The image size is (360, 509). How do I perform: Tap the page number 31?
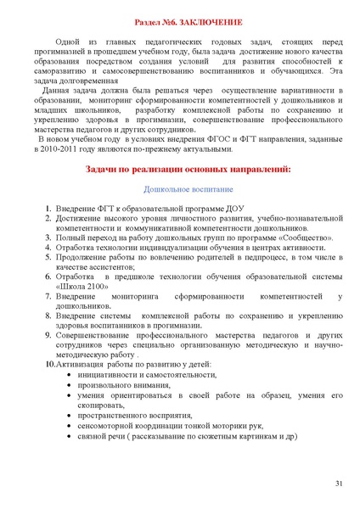339,484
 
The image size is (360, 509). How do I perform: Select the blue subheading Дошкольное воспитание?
188,189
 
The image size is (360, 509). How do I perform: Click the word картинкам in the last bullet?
254,437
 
